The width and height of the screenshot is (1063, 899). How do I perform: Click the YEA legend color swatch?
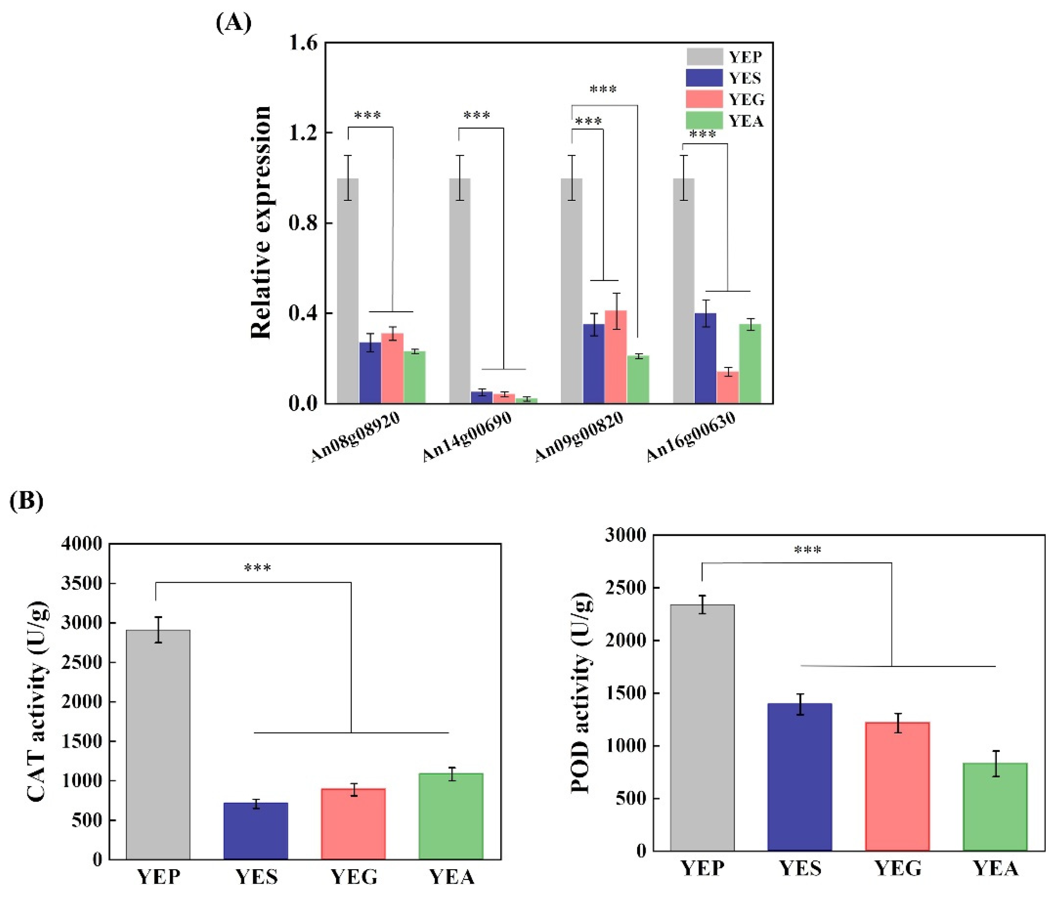pyautogui.click(x=704, y=120)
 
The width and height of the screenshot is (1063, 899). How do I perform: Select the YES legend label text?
pyautogui.click(x=745, y=78)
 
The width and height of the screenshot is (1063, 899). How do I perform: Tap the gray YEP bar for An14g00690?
pyautogui.click(x=459, y=290)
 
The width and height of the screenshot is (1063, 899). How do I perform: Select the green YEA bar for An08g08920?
pyautogui.click(x=414, y=377)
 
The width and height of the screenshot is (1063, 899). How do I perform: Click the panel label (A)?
pyautogui.click(x=233, y=23)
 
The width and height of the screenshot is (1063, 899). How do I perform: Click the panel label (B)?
pyautogui.click(x=27, y=501)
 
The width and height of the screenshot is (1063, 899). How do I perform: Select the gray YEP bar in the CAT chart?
pyautogui.click(x=158, y=744)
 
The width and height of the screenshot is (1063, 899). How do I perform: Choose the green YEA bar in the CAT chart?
pyautogui.click(x=451, y=815)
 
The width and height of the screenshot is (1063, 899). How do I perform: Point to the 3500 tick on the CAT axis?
pyautogui.click(x=81, y=583)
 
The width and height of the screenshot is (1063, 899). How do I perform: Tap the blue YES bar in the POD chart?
pyautogui.click(x=800, y=777)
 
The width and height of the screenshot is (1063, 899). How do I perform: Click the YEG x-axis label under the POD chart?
pyautogui.click(x=897, y=868)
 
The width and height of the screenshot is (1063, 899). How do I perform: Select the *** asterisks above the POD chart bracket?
pyautogui.click(x=807, y=550)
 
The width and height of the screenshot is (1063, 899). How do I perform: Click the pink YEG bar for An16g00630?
pyautogui.click(x=727, y=387)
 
